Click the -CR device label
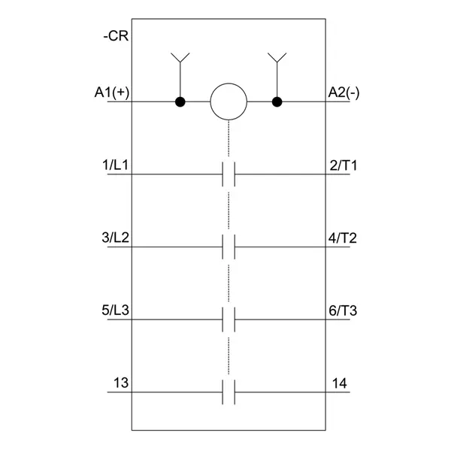point(116,36)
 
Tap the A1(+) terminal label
point(112,93)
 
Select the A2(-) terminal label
point(344,93)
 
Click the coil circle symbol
point(229,101)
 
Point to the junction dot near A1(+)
point(180,101)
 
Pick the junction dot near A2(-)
point(277,101)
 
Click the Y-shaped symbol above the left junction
point(180,58)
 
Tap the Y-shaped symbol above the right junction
point(277,58)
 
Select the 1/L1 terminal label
point(115,165)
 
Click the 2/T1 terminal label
point(344,165)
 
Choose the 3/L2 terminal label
point(115,238)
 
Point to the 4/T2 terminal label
point(343,238)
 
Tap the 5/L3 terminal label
point(115,310)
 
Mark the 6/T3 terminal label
point(343,310)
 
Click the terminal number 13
point(121,383)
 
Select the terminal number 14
point(340,383)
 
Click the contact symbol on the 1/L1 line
point(229,174)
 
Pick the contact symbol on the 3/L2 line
point(229,247)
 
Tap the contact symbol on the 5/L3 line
point(229,319)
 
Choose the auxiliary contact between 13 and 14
point(229,392)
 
